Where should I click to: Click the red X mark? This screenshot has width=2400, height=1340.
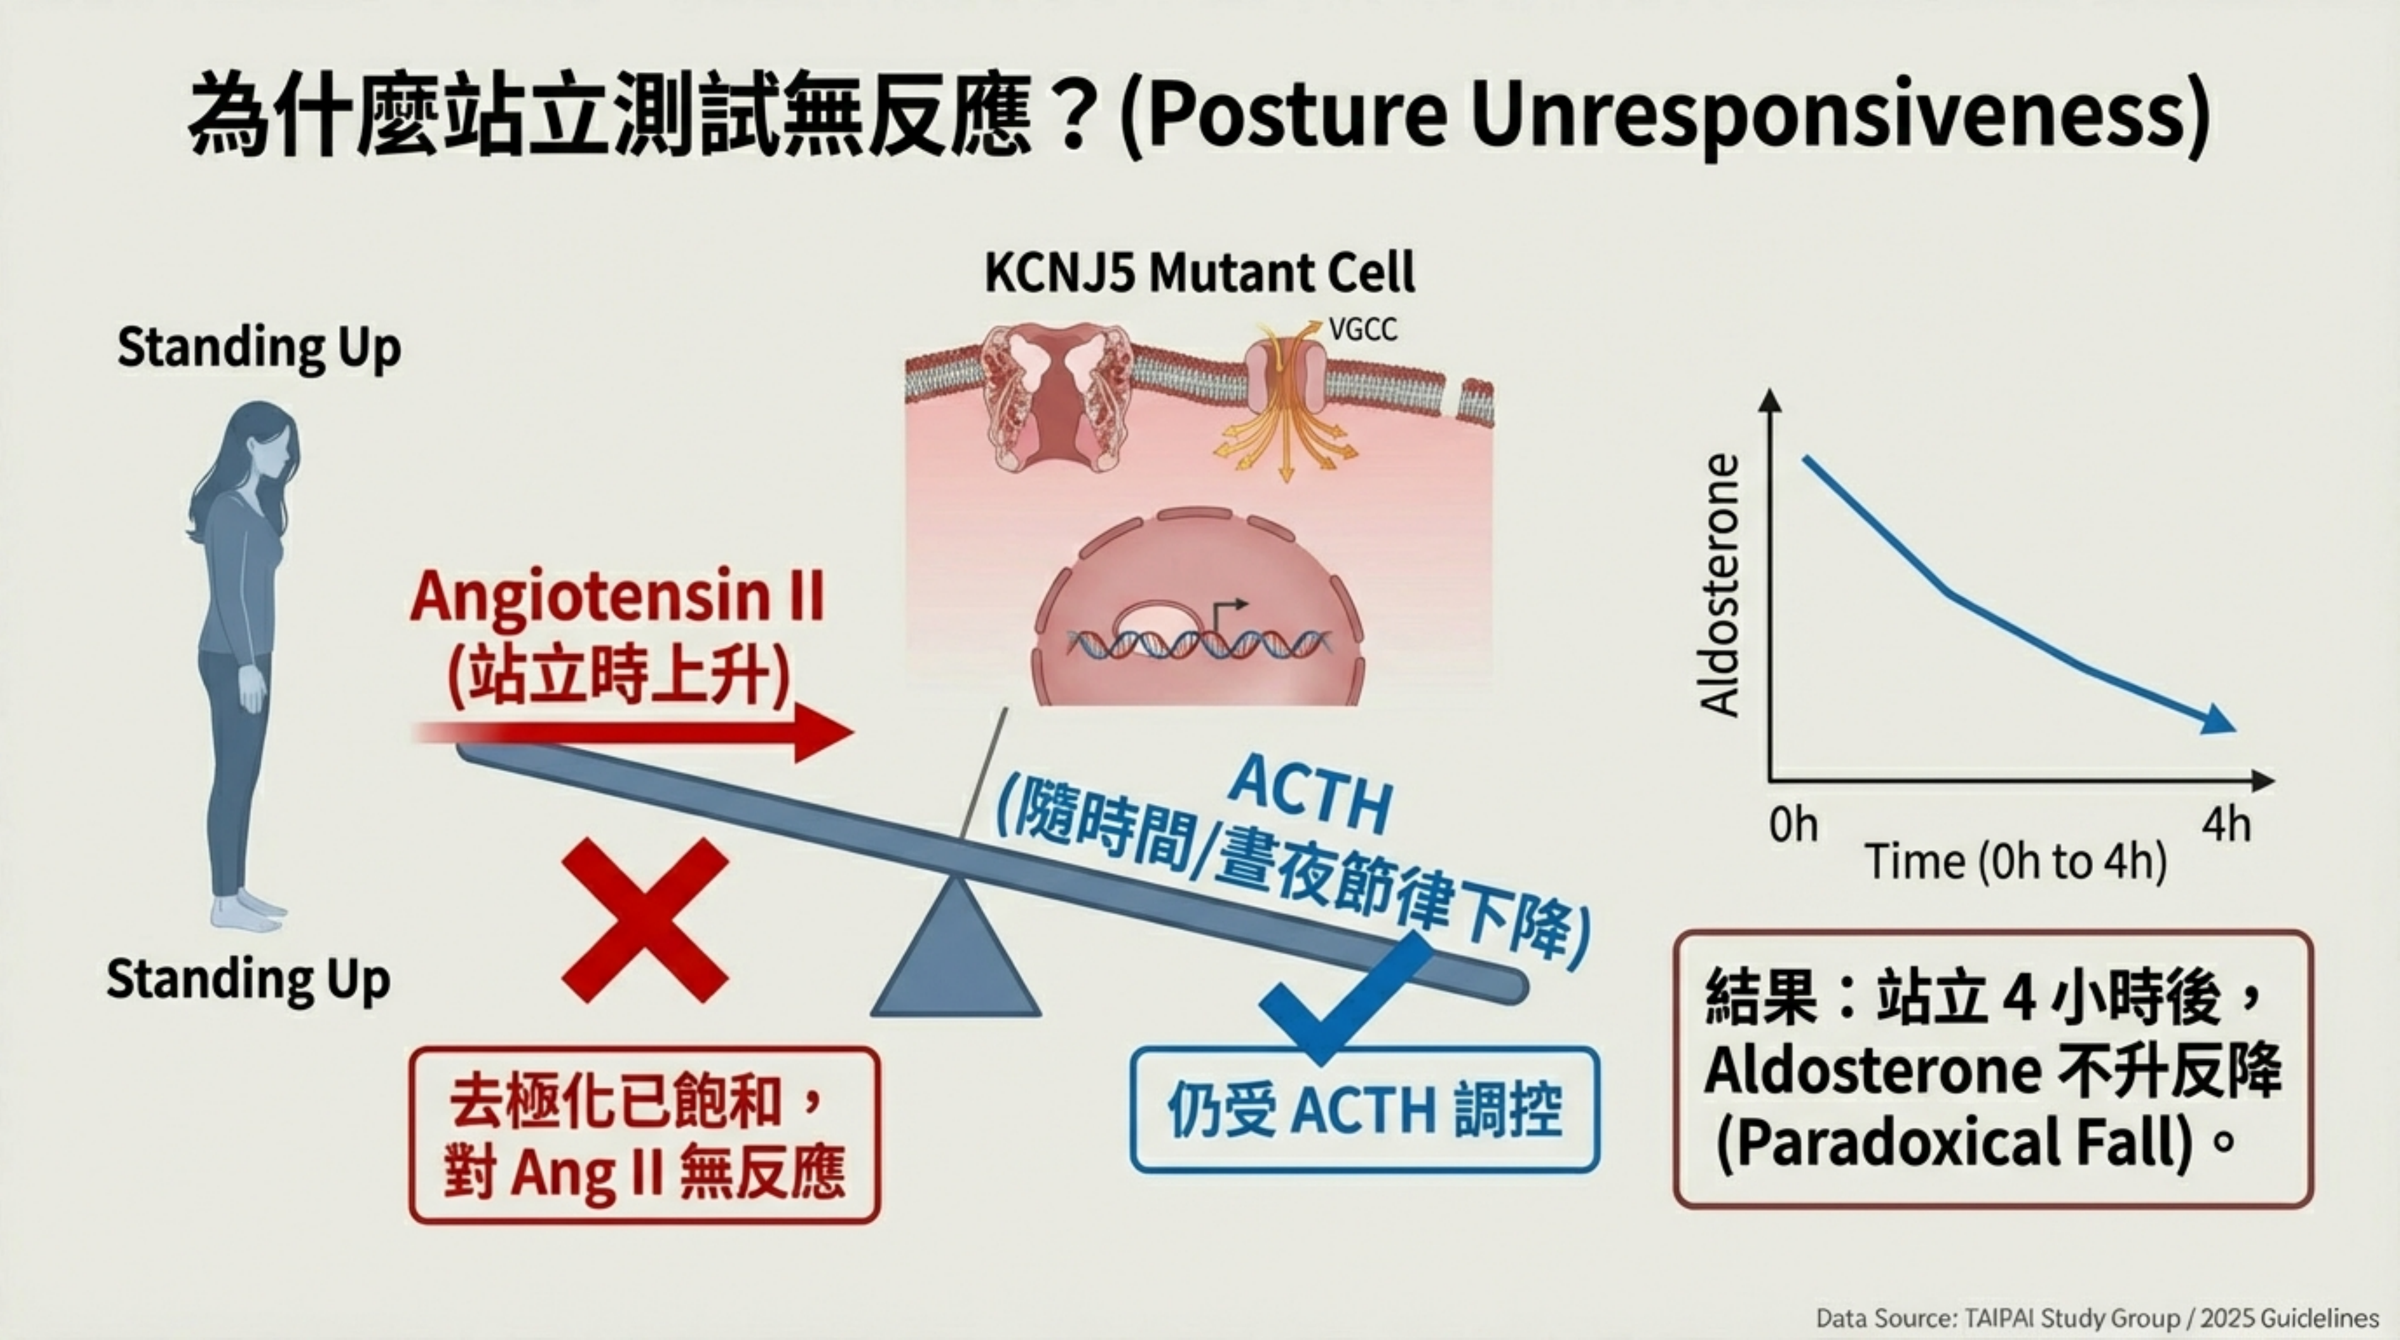(645, 920)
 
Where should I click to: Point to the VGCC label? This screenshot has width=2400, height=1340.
(1363, 330)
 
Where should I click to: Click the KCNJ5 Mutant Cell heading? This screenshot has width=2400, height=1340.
(1199, 273)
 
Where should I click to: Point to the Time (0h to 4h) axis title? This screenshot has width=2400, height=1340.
(2015, 862)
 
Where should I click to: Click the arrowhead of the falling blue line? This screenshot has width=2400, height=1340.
(2217, 720)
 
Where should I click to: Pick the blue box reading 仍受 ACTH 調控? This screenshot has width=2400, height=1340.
(1364, 1110)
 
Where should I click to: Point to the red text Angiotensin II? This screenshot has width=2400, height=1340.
(618, 597)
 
